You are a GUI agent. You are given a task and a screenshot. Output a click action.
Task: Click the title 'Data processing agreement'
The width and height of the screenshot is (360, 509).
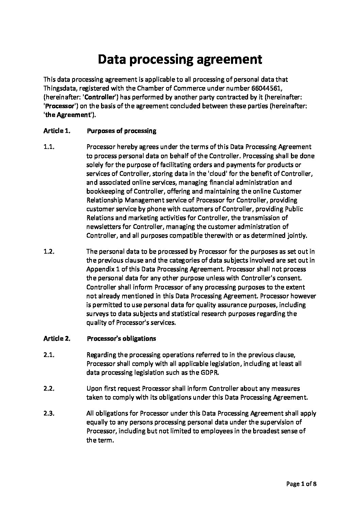180,60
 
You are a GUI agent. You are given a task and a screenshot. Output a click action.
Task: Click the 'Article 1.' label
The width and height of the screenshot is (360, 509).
57,131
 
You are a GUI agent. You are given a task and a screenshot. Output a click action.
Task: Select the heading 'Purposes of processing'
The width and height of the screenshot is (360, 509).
121,131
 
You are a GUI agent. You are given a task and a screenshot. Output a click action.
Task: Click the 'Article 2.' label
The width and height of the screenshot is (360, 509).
57,338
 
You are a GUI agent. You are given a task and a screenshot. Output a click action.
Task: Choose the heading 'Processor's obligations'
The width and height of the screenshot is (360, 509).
121,338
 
